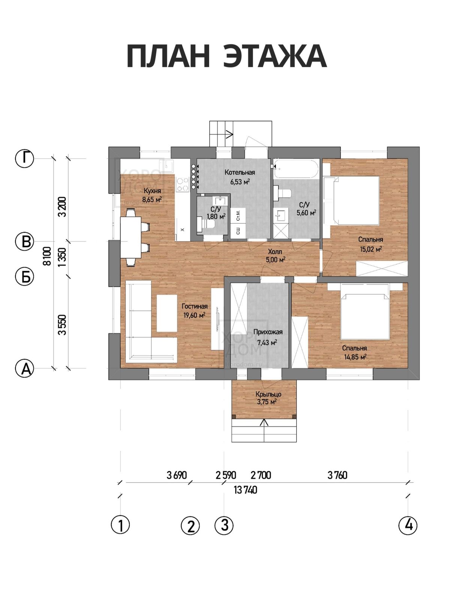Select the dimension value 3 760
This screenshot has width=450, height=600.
tap(337, 475)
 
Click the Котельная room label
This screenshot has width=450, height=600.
tap(240, 172)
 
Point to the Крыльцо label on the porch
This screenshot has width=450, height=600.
tap(268, 394)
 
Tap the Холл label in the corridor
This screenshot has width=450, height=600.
tap(275, 252)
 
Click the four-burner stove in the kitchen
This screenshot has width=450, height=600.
tap(183, 184)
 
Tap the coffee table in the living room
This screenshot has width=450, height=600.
tap(166, 313)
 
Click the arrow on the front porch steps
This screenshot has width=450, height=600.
tap(264, 430)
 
